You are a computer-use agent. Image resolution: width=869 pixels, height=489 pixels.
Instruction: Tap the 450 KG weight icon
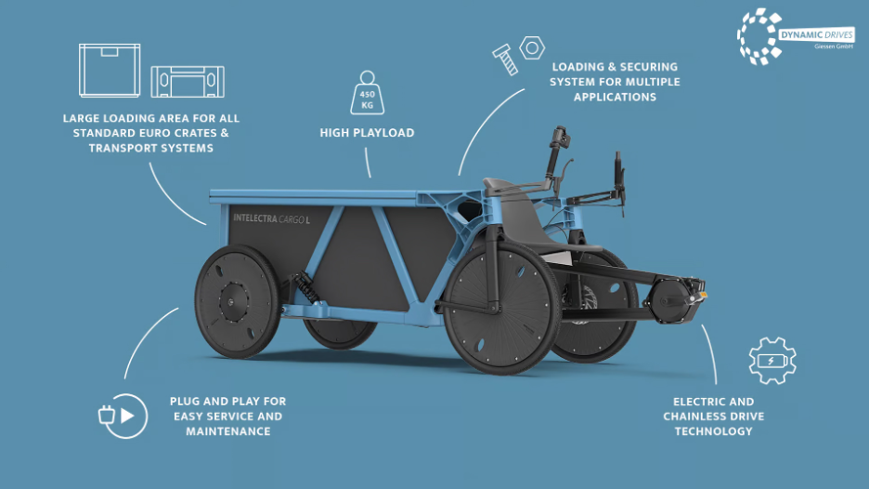click(x=367, y=93)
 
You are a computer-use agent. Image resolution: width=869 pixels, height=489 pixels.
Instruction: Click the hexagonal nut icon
click(x=532, y=46)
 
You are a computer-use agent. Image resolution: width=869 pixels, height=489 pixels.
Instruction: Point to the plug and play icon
click(x=123, y=416)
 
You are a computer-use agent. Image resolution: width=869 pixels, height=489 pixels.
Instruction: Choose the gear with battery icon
click(x=772, y=361)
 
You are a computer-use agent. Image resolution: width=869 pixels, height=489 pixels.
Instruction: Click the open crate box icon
click(x=110, y=71)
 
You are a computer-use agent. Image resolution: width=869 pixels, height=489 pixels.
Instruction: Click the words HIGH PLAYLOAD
click(x=367, y=133)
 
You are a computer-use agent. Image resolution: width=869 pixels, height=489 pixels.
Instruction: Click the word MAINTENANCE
click(x=227, y=431)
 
